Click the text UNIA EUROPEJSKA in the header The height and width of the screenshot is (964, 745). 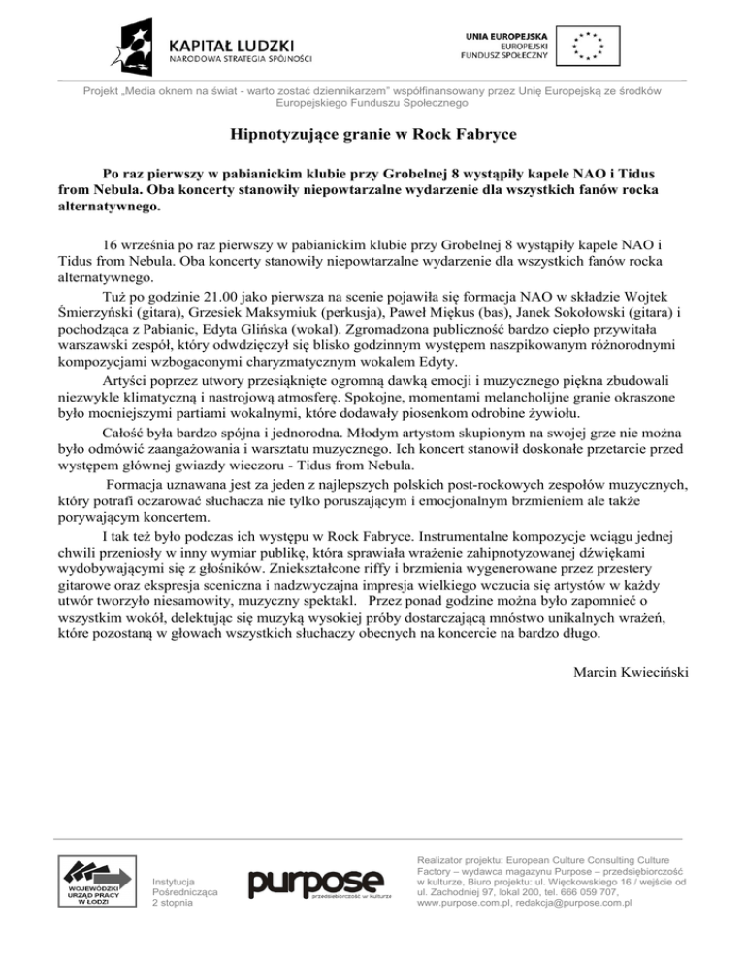point(504,34)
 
